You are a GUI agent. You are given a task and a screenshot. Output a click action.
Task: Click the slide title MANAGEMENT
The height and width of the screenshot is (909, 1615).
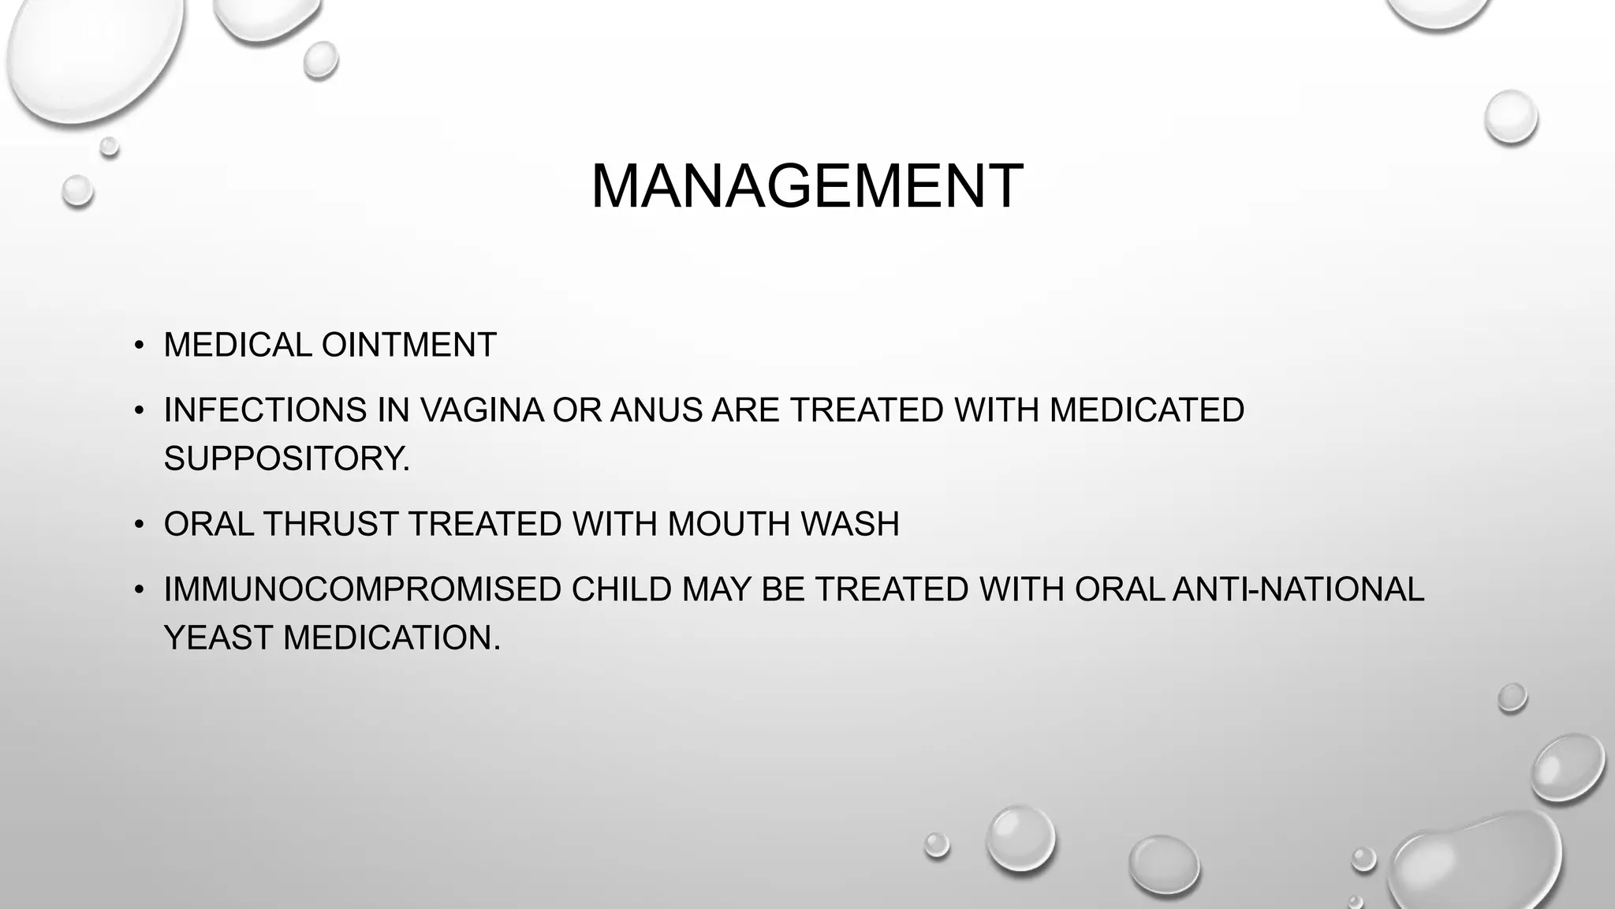(807, 186)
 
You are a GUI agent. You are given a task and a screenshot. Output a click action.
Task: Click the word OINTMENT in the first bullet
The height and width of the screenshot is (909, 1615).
(408, 345)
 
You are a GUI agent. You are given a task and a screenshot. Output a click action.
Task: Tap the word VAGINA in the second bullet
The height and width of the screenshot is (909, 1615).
(482, 410)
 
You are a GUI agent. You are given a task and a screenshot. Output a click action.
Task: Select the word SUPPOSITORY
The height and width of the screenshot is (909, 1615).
(286, 458)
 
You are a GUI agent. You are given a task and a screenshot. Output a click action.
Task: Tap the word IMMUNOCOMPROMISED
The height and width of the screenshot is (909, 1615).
(362, 589)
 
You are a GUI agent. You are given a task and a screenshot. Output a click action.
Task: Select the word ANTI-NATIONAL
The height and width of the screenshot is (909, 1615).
(1298, 589)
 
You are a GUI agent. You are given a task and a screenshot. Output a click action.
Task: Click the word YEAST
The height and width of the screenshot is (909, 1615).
(218, 638)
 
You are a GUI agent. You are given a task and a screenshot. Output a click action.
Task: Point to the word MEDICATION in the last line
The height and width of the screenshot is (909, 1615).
(391, 638)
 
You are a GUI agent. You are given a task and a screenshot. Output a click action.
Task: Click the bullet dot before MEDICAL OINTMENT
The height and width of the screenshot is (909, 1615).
(139, 346)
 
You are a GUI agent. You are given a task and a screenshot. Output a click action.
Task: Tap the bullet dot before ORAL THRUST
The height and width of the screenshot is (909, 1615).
(139, 525)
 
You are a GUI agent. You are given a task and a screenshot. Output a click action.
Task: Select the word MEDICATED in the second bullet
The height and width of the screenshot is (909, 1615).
(1147, 410)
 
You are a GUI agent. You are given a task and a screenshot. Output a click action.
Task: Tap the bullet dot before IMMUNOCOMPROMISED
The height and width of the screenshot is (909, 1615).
(139, 590)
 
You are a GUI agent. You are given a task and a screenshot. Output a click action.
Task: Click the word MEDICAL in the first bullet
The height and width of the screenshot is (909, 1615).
(237, 345)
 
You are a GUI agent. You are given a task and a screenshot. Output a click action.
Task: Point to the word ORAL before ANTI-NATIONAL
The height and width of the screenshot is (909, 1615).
(1119, 589)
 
